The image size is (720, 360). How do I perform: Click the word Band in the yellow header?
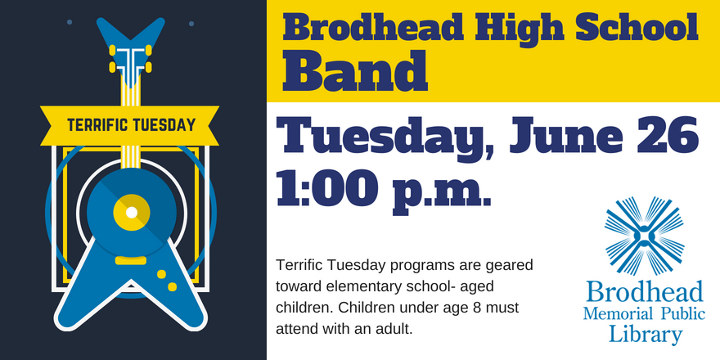click(356, 71)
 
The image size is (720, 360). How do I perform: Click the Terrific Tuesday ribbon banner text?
click(132, 125)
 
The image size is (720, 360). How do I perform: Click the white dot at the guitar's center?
click(132, 213)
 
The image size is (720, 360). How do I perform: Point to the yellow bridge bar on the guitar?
click(130, 261)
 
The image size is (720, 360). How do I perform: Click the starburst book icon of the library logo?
click(644, 236)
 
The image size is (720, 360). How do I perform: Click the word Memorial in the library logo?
click(618, 314)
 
